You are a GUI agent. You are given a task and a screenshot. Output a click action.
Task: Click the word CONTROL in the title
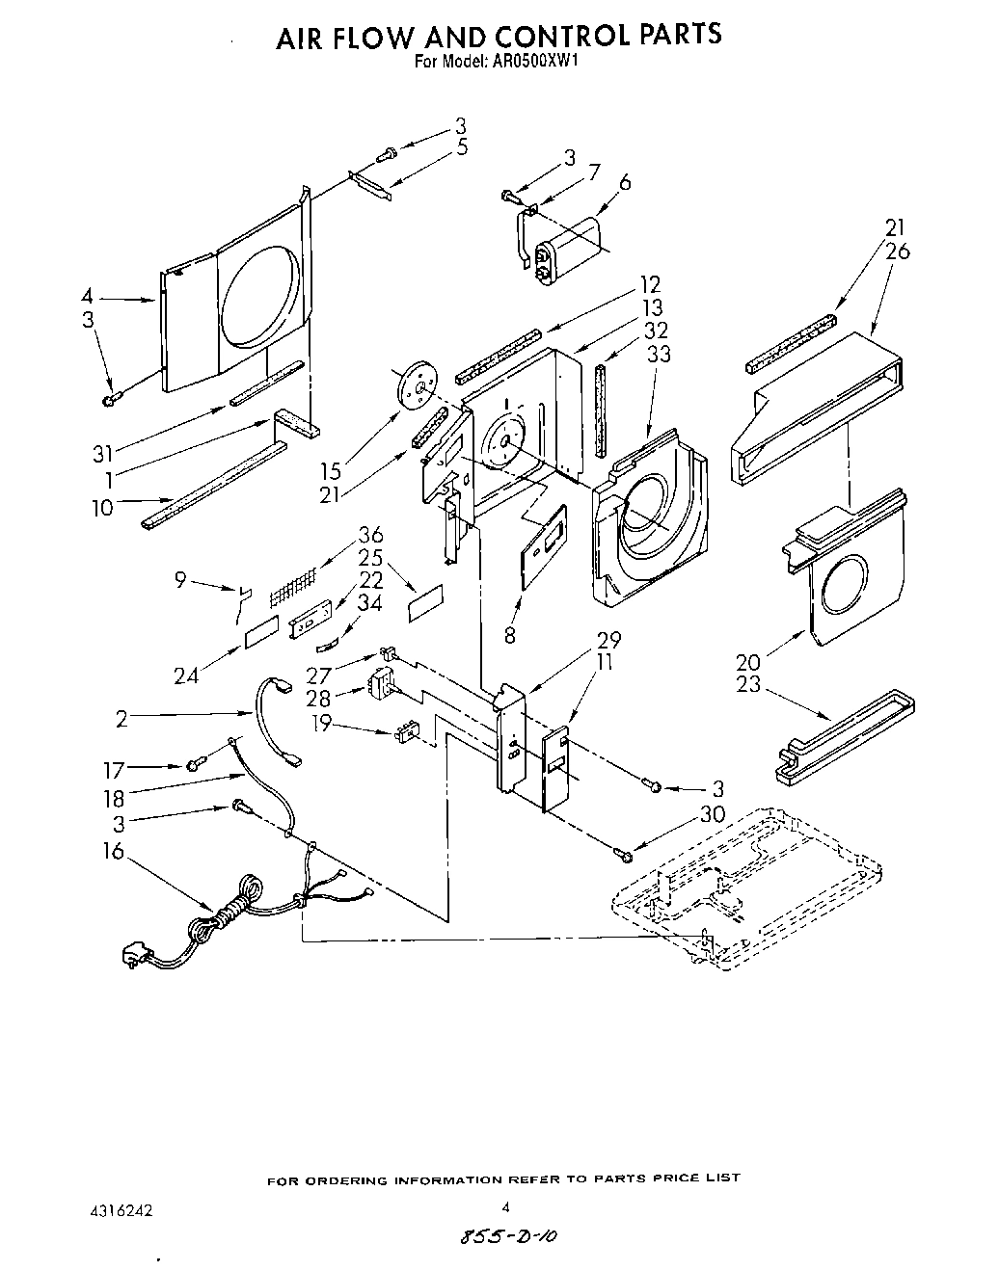point(562,36)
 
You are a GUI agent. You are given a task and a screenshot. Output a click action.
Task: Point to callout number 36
point(370,536)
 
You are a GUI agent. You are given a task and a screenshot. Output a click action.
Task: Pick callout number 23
point(747,685)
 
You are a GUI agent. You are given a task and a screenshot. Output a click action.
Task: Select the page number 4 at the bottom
point(504,1205)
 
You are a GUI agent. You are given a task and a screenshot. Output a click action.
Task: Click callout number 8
point(509,634)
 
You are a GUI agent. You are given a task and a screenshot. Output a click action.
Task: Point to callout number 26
point(897,252)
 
